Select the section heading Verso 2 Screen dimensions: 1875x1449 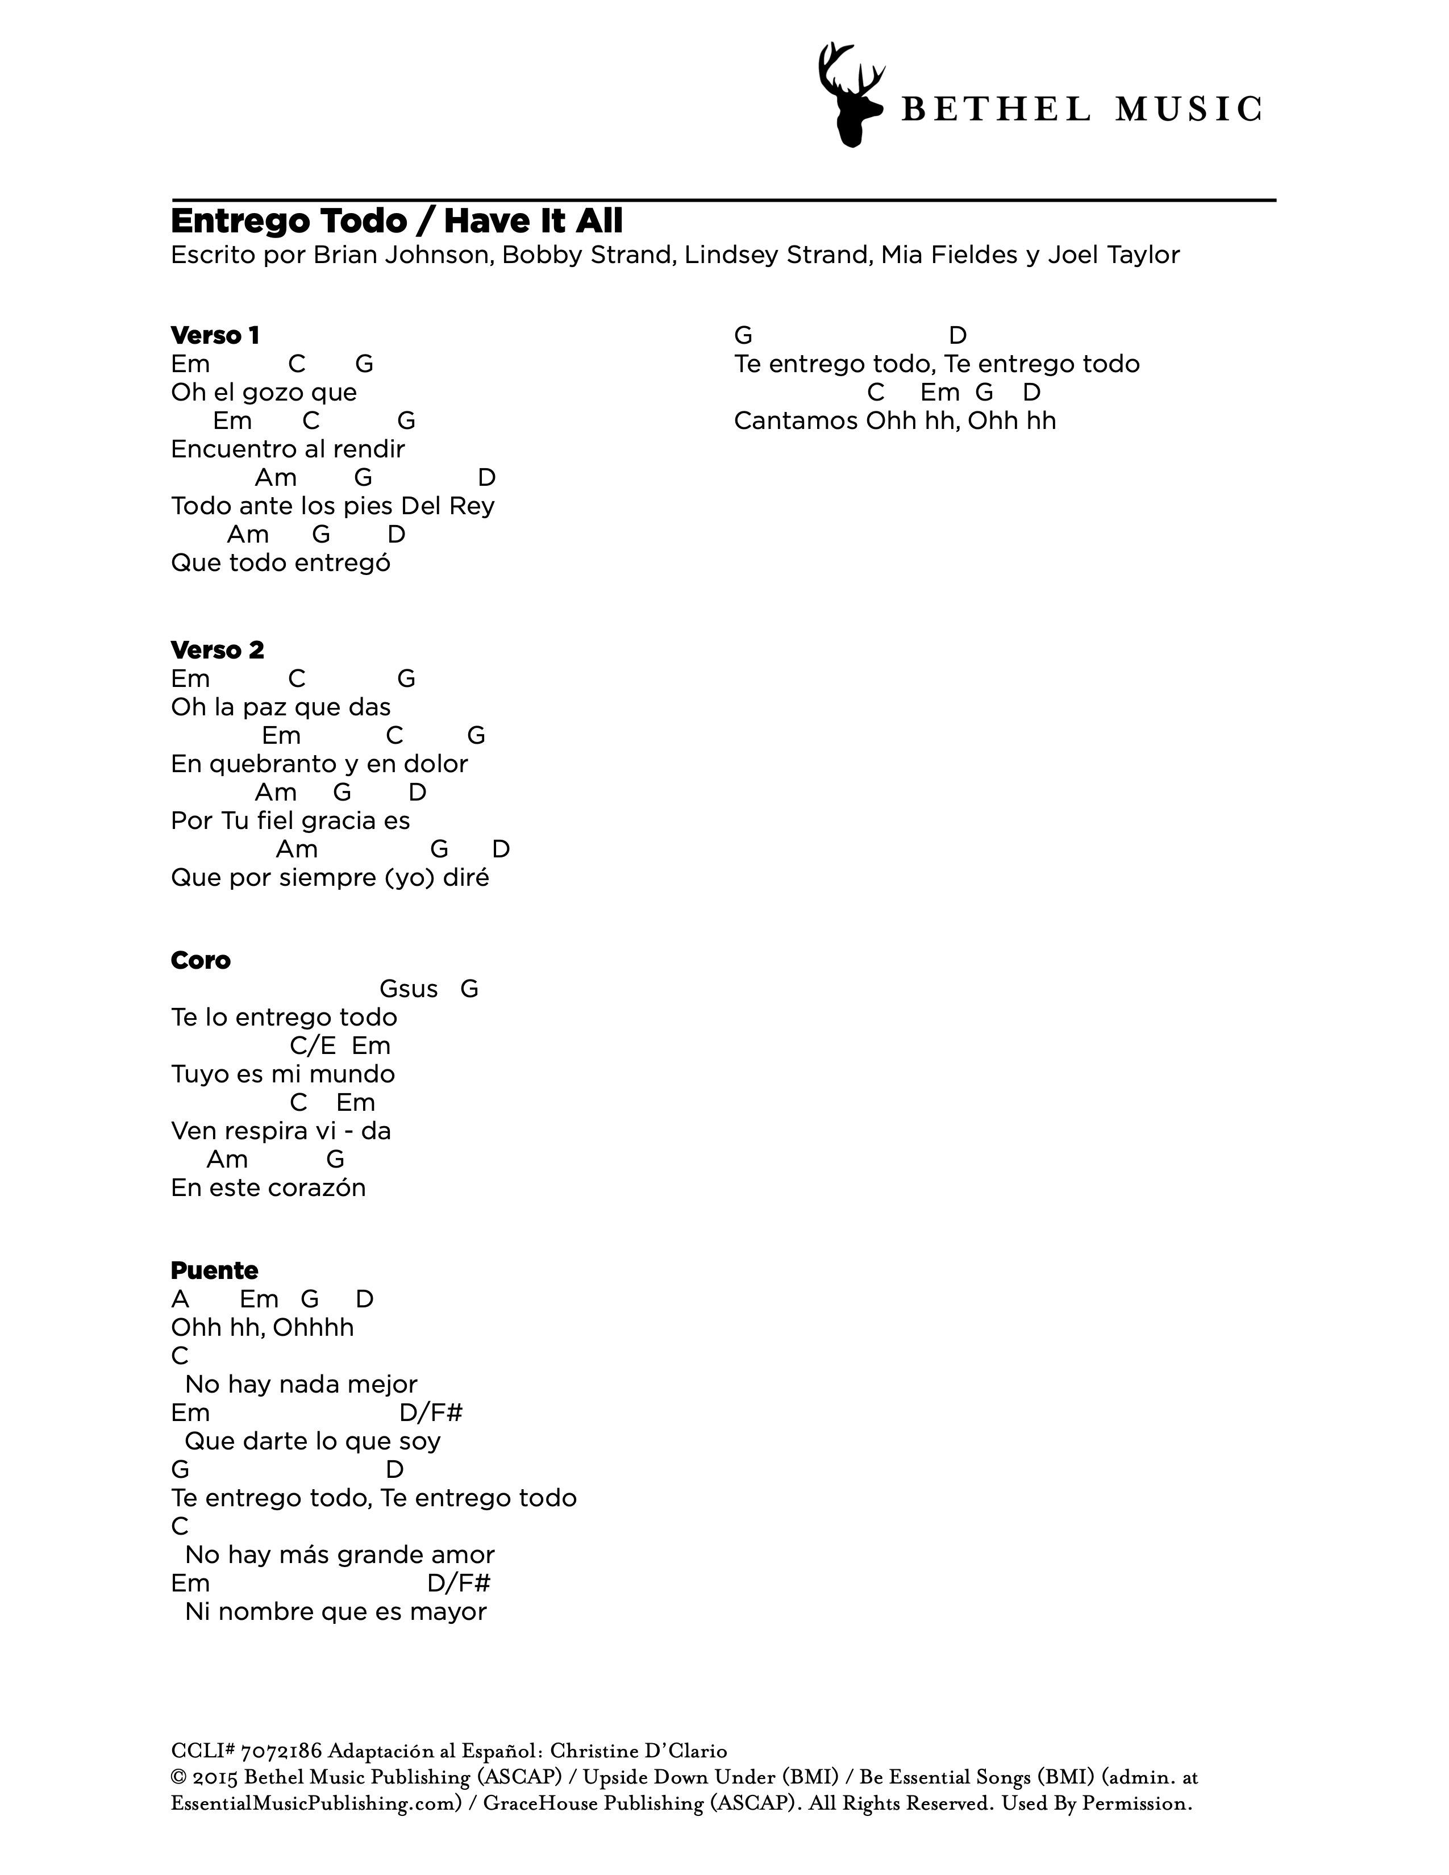point(217,650)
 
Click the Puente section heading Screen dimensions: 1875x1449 point(214,1270)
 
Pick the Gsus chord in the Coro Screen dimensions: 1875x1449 point(409,989)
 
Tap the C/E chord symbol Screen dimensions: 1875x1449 point(313,1045)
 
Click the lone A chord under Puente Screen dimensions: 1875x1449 point(180,1299)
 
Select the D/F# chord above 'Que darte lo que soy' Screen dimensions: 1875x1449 point(431,1413)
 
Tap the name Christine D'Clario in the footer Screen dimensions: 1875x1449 point(638,1751)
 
